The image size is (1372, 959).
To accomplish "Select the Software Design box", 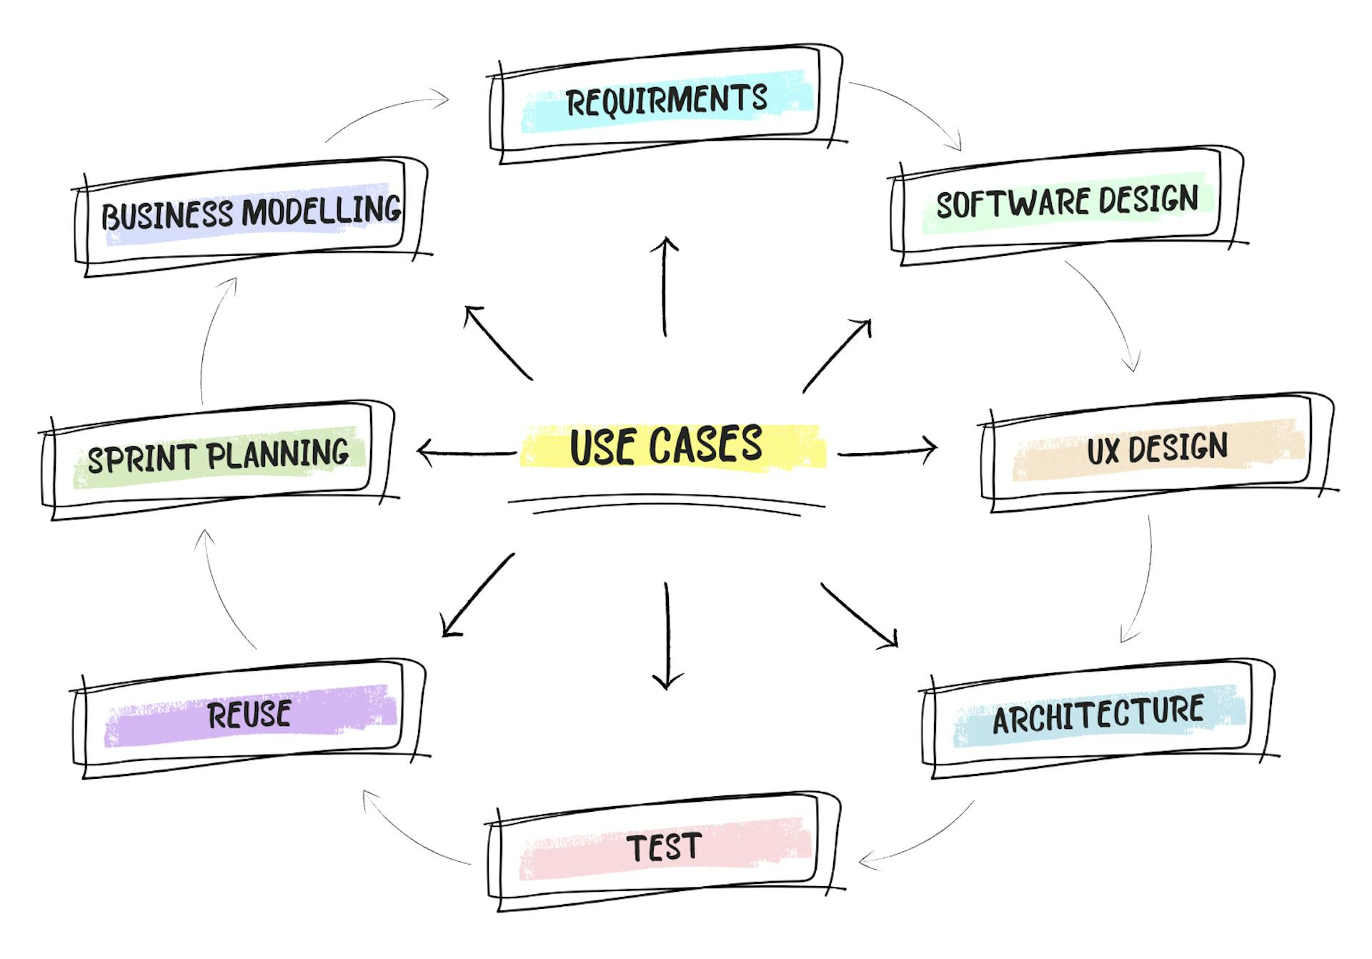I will [1066, 203].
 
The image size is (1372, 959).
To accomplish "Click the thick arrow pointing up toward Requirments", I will [665, 286].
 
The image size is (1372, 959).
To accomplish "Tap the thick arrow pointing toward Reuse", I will [477, 595].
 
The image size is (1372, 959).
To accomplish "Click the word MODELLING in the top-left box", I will [322, 210].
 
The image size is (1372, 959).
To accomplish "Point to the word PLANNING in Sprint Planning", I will [279, 454].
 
